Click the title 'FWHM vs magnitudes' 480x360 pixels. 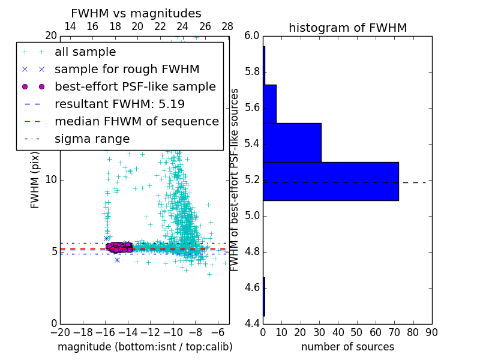tap(136, 13)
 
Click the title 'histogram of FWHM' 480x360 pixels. tap(347, 28)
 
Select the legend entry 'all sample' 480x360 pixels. tap(85, 52)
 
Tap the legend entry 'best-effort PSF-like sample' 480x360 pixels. tap(135, 87)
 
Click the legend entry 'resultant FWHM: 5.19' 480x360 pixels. tap(119, 104)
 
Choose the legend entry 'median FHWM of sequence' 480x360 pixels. tap(136, 122)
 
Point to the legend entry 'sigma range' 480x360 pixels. tap(92, 139)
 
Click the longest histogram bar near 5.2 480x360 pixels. tap(331, 181)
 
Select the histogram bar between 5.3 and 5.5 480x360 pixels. tap(292, 142)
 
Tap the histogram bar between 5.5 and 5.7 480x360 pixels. tap(269, 104)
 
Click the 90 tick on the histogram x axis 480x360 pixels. tap(431, 331)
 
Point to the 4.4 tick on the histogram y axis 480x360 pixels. tap(253, 324)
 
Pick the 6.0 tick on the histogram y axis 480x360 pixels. tap(253, 36)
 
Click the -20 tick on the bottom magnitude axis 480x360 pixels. tap(60, 331)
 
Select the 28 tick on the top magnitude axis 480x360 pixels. tap(227, 26)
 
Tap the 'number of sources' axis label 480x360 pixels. tap(347, 347)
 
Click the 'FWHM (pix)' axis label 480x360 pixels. tap(35, 180)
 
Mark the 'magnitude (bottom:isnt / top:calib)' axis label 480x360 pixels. tap(145, 347)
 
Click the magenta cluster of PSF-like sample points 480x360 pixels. tap(119, 247)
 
